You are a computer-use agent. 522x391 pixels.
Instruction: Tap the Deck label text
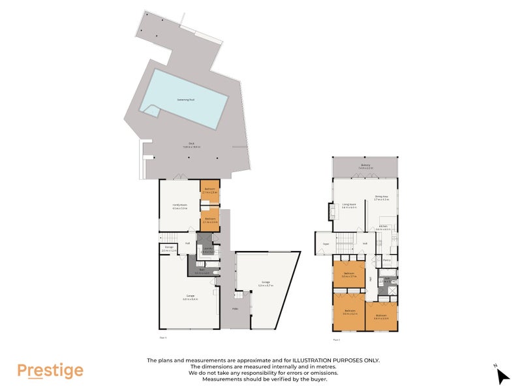click(x=192, y=146)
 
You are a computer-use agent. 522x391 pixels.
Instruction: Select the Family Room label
click(x=179, y=207)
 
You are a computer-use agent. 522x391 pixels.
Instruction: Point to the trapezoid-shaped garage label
click(x=264, y=283)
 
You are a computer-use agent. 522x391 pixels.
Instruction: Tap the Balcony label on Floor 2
click(x=365, y=166)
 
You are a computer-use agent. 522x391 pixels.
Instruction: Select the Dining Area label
click(x=382, y=197)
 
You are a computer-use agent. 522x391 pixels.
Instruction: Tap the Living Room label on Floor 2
click(x=350, y=206)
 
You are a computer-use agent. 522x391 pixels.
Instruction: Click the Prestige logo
click(x=50, y=371)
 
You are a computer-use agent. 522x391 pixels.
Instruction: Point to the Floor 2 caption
click(x=337, y=340)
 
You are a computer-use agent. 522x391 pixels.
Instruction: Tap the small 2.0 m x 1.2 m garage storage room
click(x=168, y=248)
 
